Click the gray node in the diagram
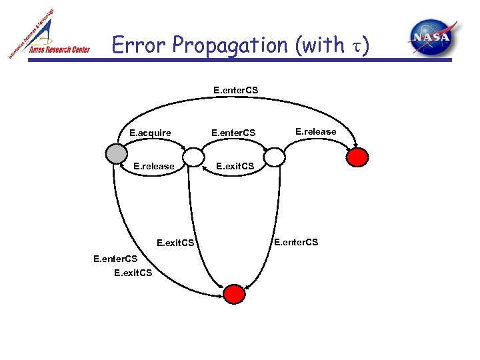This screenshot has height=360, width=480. (116, 153)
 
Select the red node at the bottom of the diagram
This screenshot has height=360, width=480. (234, 293)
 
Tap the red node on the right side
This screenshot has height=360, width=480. (358, 157)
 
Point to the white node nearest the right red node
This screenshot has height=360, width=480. (273, 157)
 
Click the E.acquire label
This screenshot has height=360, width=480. (150, 133)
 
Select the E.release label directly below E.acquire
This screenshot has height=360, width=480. (154, 166)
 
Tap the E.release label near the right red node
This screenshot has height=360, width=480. (316, 131)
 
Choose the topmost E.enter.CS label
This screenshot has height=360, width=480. (235, 89)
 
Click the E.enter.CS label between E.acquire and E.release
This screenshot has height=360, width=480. (233, 133)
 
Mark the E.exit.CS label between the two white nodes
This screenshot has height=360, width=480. (234, 166)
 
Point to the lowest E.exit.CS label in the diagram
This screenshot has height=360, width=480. (133, 272)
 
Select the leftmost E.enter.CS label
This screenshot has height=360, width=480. (115, 259)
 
